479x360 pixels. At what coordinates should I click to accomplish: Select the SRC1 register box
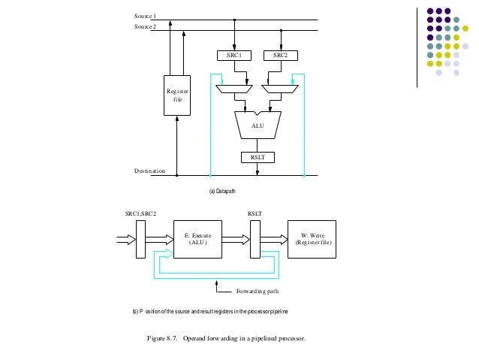235,55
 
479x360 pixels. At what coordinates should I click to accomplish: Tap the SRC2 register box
281,55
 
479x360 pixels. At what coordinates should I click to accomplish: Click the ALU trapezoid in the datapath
258,126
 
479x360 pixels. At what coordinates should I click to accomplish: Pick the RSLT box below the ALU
258,157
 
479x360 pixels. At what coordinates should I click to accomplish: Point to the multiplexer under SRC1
235,89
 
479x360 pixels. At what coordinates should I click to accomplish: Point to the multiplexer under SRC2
281,89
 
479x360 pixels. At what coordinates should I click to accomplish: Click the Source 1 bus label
146,16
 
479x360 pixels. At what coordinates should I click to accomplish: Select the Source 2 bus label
146,26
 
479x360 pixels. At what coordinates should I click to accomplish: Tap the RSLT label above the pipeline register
255,213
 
